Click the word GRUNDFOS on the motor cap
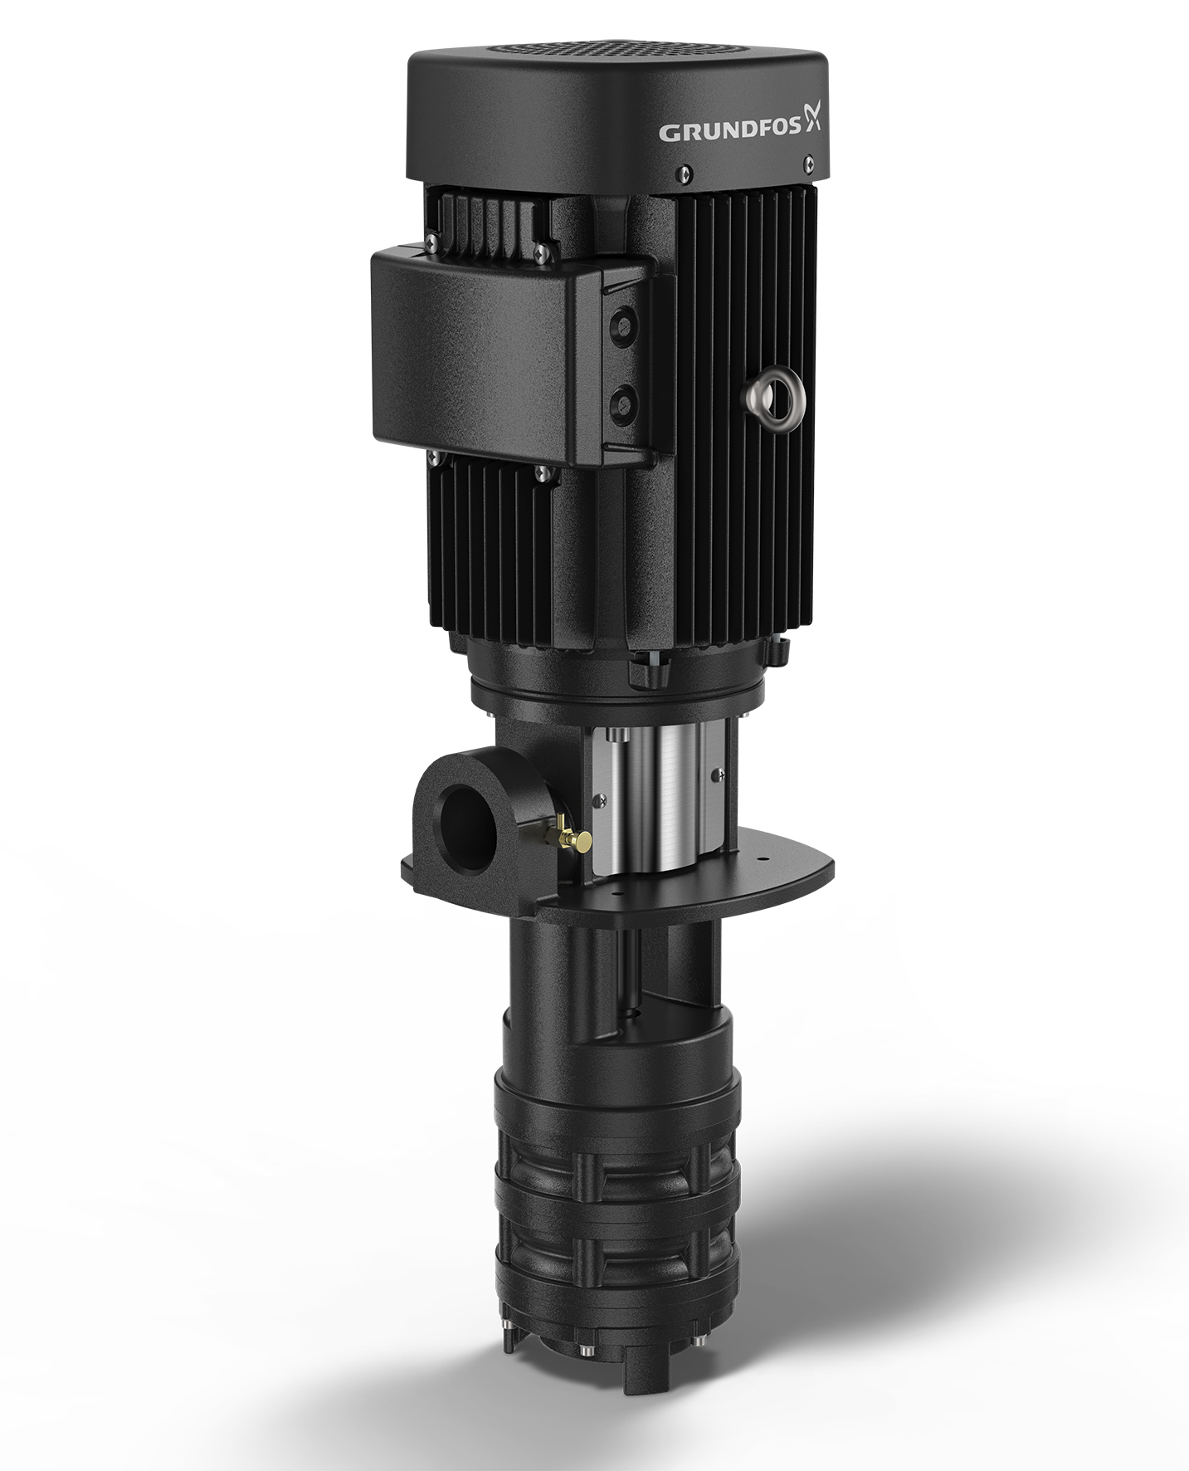pyautogui.click(x=729, y=130)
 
